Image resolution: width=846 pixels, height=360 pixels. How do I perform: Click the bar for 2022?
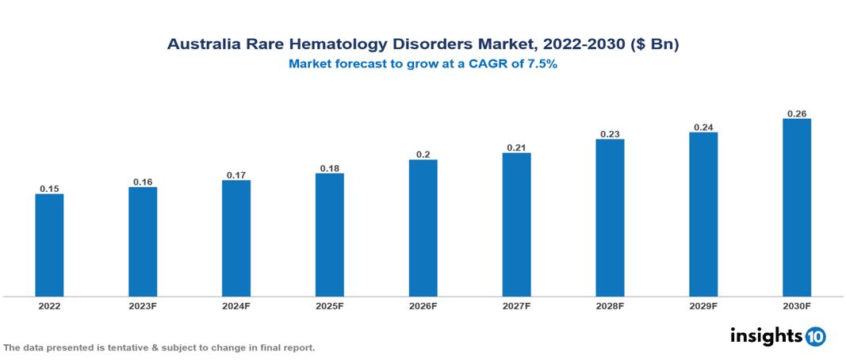click(49, 245)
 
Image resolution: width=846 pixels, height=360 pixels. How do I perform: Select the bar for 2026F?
click(423, 228)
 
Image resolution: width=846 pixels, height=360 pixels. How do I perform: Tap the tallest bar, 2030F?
click(797, 208)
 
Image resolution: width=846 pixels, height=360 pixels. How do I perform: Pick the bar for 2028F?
click(610, 218)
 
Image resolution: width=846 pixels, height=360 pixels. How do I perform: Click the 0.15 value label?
click(49, 189)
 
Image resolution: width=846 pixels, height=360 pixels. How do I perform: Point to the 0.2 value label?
click(423, 155)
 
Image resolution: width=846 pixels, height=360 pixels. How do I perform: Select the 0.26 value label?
click(797, 113)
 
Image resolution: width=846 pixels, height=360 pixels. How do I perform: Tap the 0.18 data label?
click(330, 168)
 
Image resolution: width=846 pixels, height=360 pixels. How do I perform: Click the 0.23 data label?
click(610, 134)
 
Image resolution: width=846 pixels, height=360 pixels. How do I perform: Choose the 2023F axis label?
click(143, 305)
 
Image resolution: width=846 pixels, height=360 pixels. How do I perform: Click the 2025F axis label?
click(330, 305)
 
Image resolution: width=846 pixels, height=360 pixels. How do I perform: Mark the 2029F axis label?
click(703, 305)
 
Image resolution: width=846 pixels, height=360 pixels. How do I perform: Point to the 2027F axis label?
click(516, 305)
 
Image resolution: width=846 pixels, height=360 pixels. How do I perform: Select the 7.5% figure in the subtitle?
click(542, 65)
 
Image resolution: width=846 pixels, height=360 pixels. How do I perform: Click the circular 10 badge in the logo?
click(815, 336)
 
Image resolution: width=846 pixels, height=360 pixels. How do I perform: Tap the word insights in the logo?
click(766, 335)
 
